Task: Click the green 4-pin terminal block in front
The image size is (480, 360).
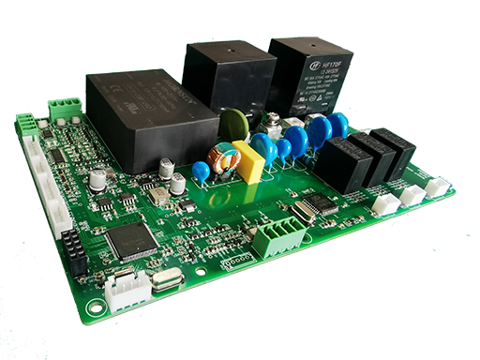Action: click(x=277, y=237)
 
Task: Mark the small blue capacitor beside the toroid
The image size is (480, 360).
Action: click(x=200, y=172)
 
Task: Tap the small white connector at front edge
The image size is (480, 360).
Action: click(x=126, y=290)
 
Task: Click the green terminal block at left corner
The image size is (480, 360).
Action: click(x=27, y=125)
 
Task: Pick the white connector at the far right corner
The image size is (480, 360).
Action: click(x=437, y=187)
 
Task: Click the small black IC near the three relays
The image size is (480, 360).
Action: click(x=322, y=203)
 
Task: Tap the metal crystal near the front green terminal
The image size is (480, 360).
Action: click(x=303, y=212)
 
